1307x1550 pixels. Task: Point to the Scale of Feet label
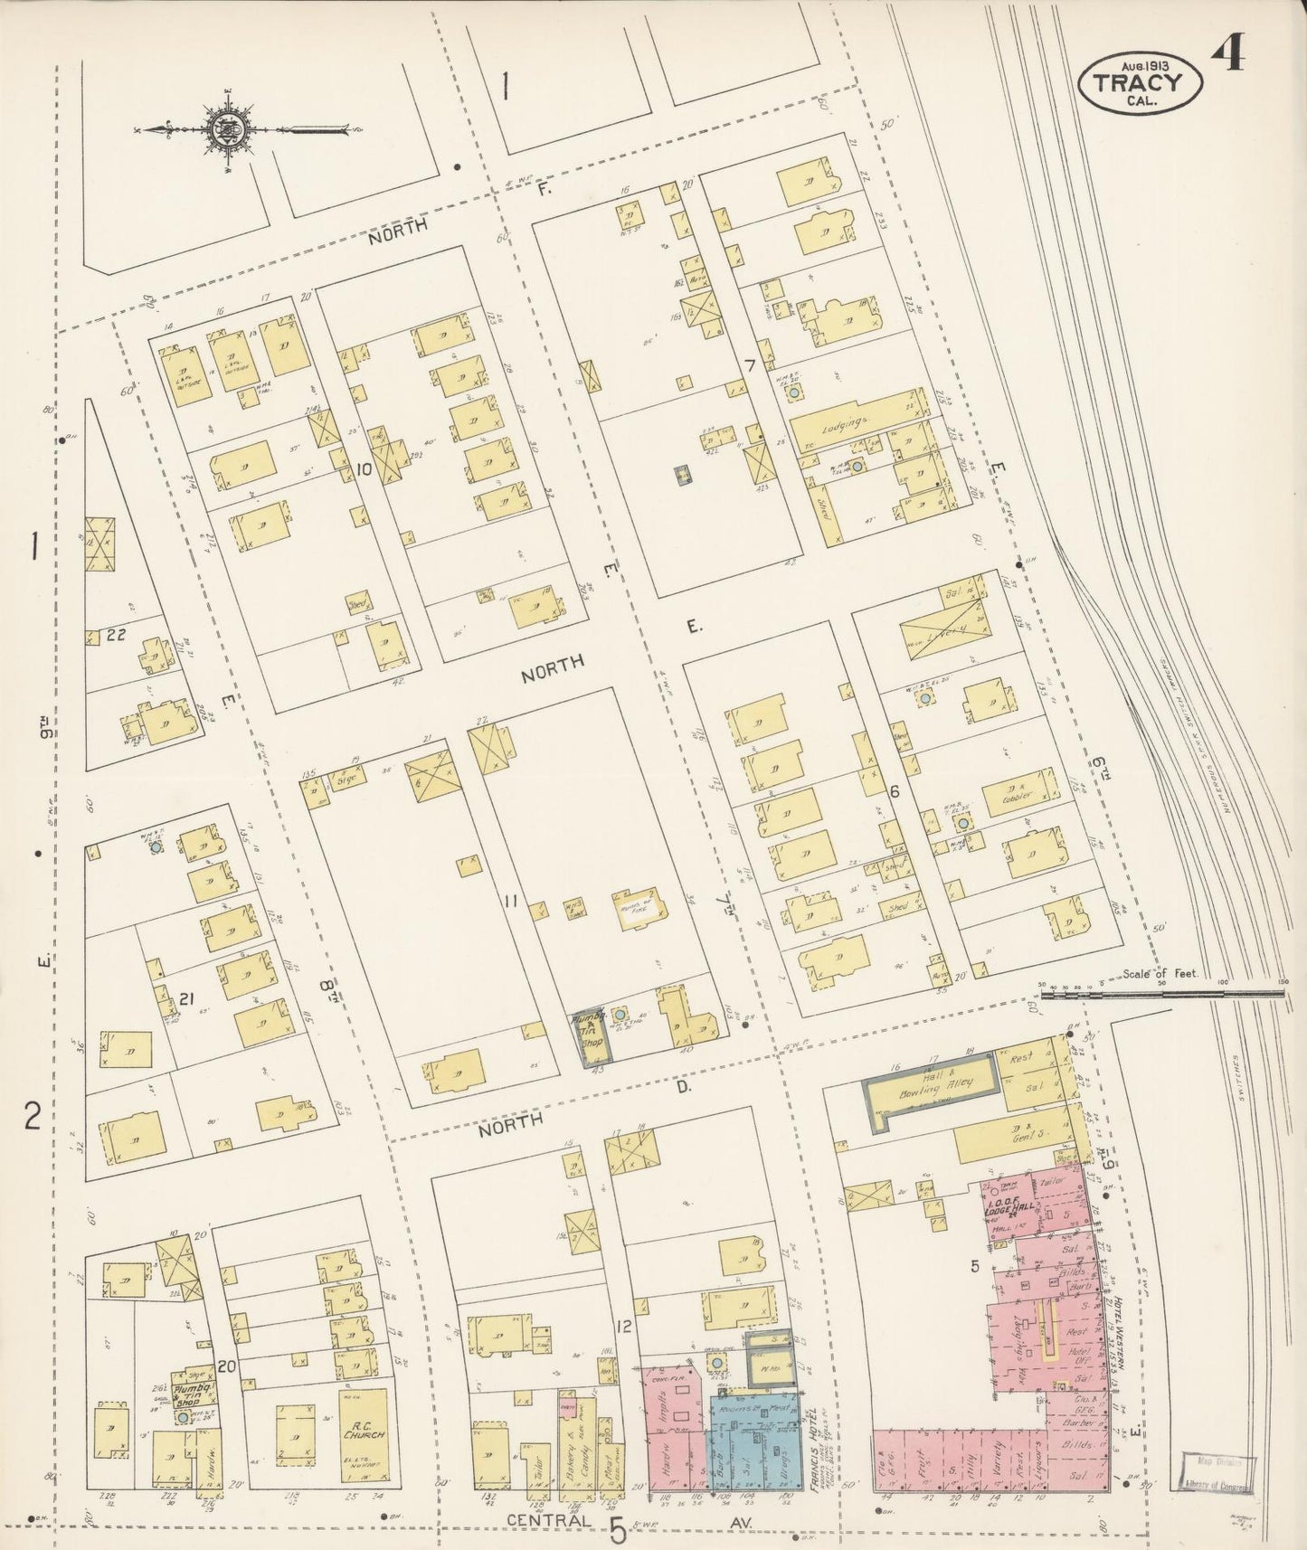1160,974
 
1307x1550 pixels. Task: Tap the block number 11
511,901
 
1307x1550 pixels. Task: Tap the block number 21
187,998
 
